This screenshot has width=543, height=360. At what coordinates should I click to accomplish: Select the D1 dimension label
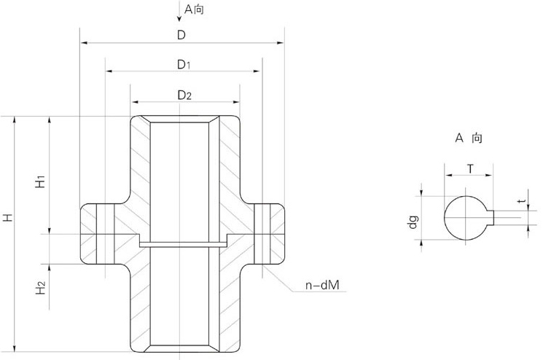184,64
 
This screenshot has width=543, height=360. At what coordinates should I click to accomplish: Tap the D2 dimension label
184,95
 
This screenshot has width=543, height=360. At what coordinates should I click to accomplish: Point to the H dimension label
7,217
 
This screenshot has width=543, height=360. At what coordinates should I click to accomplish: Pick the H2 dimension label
41,289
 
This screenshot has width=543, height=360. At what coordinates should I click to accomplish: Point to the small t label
519,201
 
